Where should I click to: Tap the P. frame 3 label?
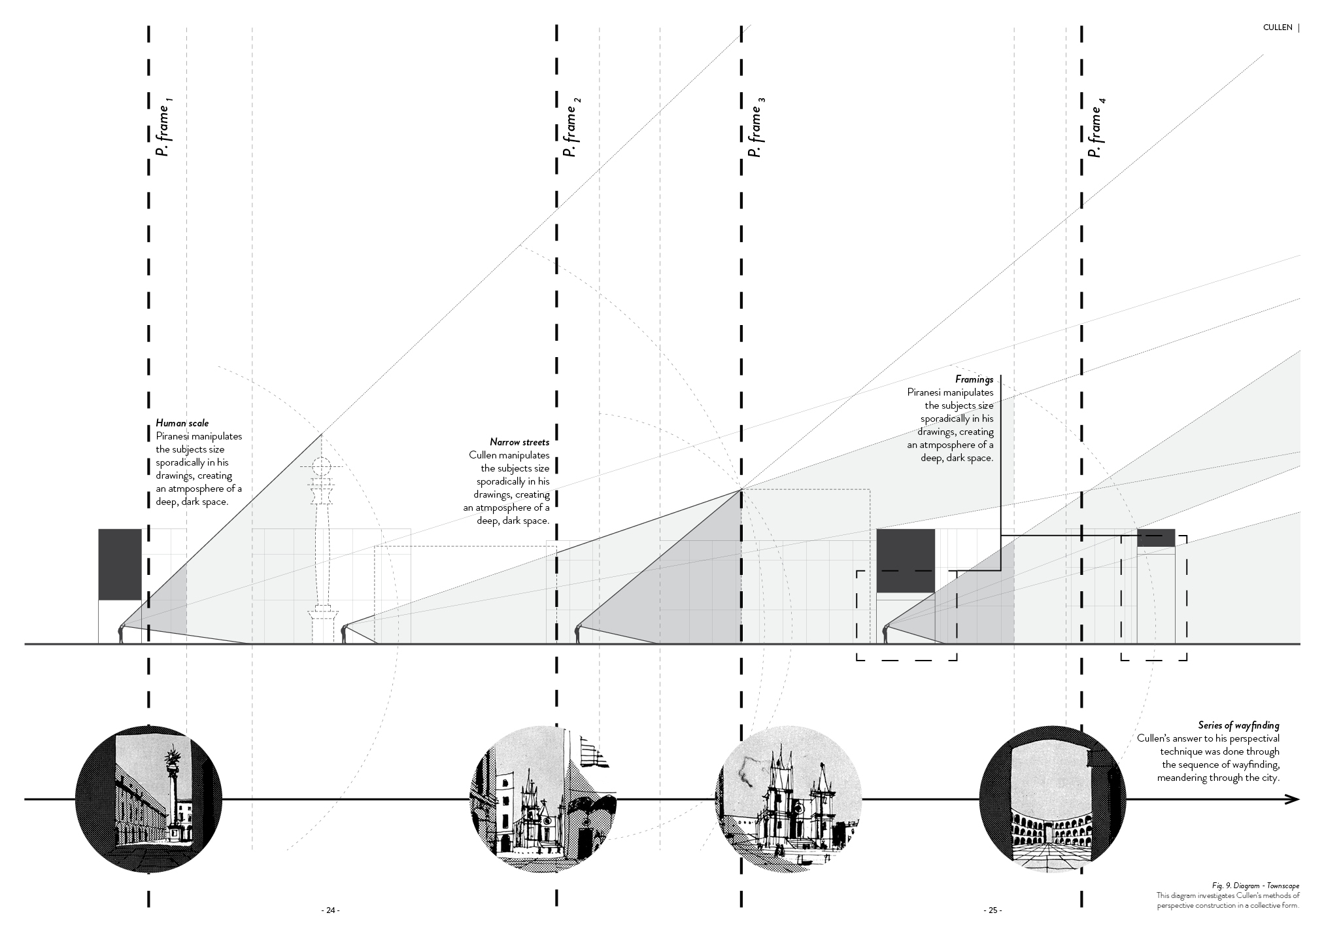[x=756, y=128]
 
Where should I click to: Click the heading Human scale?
[x=182, y=423]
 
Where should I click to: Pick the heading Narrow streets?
[x=519, y=442]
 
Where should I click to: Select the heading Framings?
[x=974, y=379]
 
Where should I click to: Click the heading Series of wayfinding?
[x=1238, y=725]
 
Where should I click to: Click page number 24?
[x=330, y=910]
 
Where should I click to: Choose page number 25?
[x=992, y=910]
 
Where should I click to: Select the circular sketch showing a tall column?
[x=149, y=799]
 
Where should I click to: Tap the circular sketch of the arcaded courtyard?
[x=1052, y=799]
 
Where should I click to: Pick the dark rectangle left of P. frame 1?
[x=120, y=564]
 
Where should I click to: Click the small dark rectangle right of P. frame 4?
[x=1155, y=538]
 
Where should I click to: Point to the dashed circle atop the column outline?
[x=321, y=467]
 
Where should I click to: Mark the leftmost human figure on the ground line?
[x=120, y=634]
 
